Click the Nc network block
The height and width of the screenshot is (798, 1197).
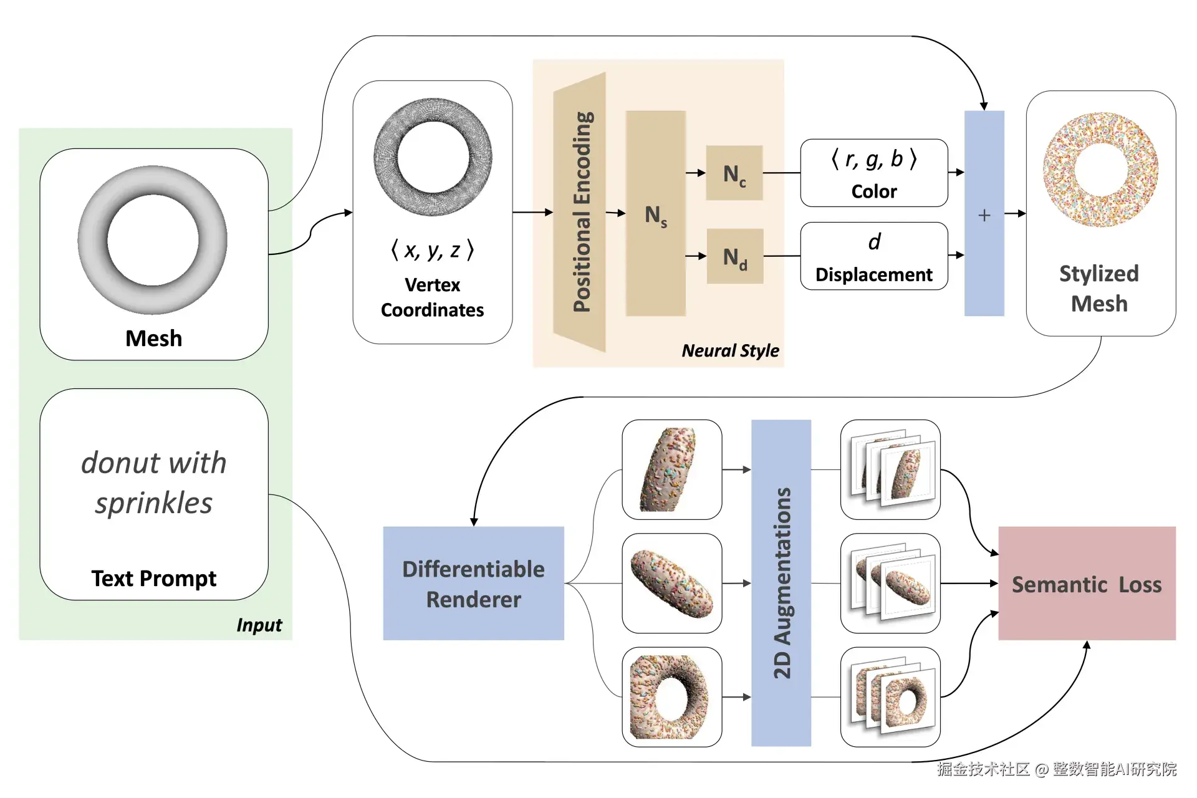[x=734, y=173]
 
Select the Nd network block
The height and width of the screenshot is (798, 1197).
[x=734, y=256]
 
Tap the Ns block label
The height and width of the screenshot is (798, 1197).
[x=655, y=216]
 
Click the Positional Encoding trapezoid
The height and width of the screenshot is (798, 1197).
[x=580, y=212]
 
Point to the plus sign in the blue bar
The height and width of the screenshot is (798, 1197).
[x=984, y=215]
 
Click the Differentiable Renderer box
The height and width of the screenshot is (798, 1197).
[x=473, y=583]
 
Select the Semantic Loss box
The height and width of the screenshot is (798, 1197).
[x=1086, y=584]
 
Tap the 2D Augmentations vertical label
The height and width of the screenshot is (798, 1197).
[x=781, y=583]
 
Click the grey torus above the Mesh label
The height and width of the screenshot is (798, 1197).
[x=153, y=240]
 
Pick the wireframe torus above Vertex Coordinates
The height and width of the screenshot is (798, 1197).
[x=433, y=157]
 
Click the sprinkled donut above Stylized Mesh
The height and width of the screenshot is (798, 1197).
[x=1100, y=170]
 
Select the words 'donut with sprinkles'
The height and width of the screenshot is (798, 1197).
[x=153, y=483]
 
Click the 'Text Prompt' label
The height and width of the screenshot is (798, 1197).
[x=153, y=578]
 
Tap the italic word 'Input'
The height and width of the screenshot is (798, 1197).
[x=259, y=625]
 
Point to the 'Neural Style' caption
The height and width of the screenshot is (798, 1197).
[x=730, y=350]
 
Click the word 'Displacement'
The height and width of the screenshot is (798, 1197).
[x=873, y=274]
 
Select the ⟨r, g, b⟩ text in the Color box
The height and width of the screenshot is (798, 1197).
[x=873, y=160]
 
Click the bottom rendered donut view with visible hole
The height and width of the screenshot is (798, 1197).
[x=671, y=696]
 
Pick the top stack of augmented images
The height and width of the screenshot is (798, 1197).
[x=890, y=469]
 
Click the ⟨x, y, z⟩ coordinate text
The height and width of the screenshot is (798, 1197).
[x=432, y=250]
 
